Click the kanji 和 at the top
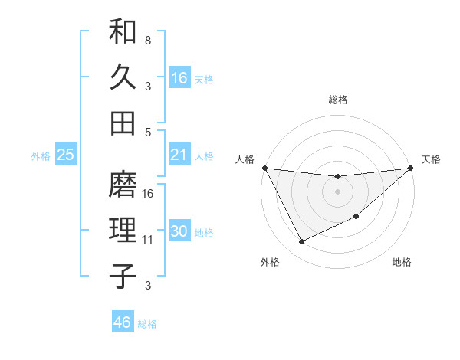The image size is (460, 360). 123,33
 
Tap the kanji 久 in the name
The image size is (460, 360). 123,77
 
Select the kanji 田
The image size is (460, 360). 123,123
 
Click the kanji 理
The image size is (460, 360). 123,231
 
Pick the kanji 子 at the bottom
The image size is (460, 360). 123,276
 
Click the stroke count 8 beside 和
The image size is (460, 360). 147,40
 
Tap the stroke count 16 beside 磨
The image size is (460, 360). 149,193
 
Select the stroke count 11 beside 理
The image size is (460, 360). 148,240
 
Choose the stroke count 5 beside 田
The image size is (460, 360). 147,132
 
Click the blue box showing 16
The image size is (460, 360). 179,78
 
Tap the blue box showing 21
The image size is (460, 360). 179,155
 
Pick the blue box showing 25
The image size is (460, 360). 66,155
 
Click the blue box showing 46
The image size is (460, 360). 123,322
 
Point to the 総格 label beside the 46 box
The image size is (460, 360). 147,324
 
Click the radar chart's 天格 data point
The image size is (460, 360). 410,169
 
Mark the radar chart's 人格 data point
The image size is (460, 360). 264,168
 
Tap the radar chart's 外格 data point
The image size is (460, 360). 301,242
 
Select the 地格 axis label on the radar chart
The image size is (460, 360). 402,263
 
